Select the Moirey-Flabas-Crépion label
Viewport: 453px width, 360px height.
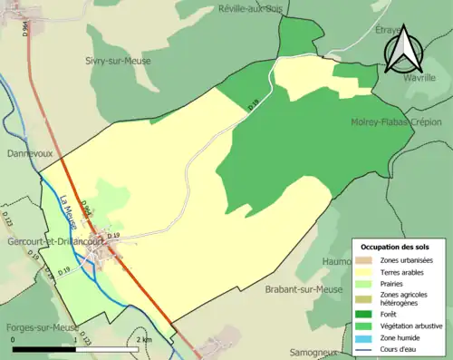(x=395, y=121)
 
